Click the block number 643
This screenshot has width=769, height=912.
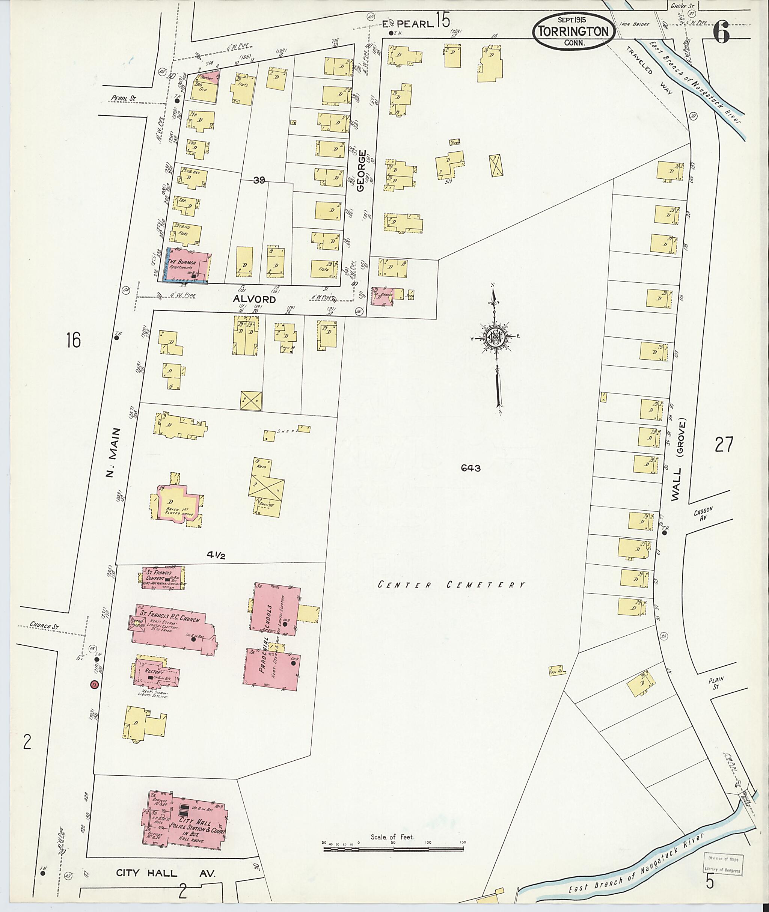coord(471,468)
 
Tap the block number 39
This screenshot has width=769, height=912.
coord(259,180)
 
